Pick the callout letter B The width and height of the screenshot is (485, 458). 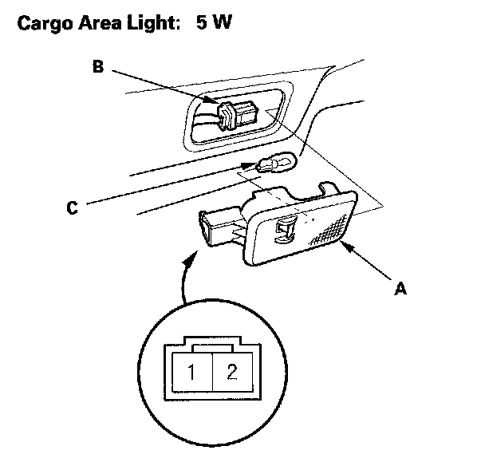click(x=97, y=68)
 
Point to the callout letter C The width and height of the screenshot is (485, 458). click(x=73, y=208)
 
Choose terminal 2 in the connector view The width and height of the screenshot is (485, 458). click(x=231, y=373)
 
